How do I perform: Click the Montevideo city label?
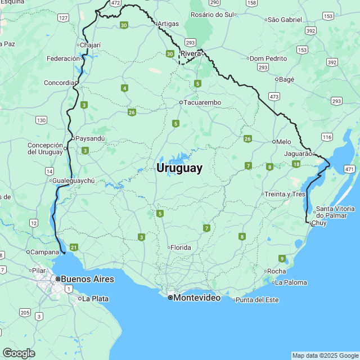[x=196, y=298]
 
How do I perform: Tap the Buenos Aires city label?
[x=87, y=279]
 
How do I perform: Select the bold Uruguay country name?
[x=179, y=168]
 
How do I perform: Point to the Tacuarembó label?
[x=202, y=102]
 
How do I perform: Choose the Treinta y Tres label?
[x=286, y=194]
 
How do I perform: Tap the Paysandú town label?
[x=91, y=138]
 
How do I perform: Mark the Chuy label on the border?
[x=318, y=223]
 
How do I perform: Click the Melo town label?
[x=284, y=142]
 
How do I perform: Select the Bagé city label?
[x=286, y=79]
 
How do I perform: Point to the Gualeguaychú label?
[x=73, y=181]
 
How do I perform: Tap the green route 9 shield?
[x=282, y=258]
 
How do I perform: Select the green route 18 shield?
[x=296, y=164]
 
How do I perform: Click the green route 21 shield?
[x=74, y=247]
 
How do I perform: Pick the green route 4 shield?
[x=124, y=88]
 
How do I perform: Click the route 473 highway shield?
[x=274, y=97]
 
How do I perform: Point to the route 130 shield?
[x=41, y=120]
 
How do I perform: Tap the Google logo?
[x=19, y=353]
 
